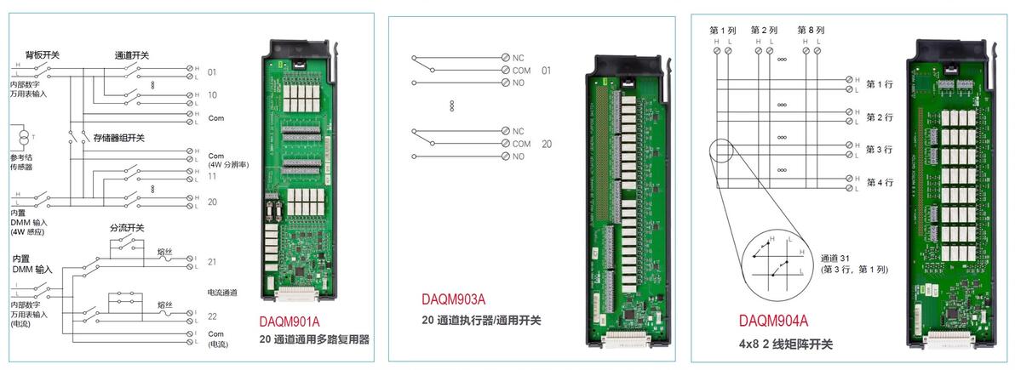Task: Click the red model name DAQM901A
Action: coord(290,322)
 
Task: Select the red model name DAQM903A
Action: coord(453,299)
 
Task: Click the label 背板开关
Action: coord(43,54)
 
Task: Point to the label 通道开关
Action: coord(132,54)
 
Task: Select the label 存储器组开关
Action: coord(119,137)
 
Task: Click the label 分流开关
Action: coord(126,228)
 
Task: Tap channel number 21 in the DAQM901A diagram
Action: coord(212,261)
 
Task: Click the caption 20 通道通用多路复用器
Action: coord(314,339)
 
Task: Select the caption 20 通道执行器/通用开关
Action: coord(481,320)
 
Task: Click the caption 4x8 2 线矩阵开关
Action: coord(786,344)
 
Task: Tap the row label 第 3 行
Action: coord(879,149)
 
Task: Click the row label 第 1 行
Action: coord(879,83)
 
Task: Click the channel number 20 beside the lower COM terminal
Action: coord(547,144)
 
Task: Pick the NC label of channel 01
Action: coord(518,58)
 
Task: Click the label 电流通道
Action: coord(222,292)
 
